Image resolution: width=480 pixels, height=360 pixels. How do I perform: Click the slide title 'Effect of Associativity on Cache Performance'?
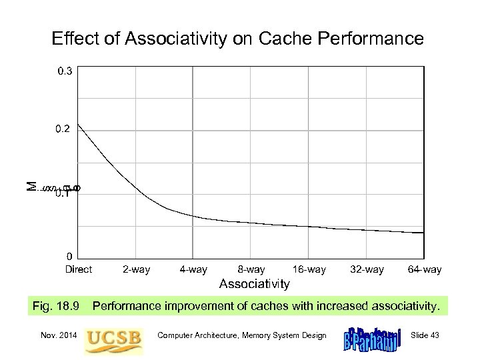237,39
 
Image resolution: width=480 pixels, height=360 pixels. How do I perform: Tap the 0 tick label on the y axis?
67,256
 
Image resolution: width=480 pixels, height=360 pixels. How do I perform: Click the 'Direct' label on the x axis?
79,269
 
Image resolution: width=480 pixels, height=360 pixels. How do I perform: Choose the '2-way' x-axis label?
136,269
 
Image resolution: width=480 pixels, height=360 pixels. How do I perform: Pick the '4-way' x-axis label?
193,269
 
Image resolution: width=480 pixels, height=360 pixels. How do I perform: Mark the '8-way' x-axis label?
251,269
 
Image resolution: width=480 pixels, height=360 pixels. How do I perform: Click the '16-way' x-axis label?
309,269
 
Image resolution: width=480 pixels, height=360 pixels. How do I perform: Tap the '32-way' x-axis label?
367,269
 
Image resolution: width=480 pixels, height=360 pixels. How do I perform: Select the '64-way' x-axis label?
425,269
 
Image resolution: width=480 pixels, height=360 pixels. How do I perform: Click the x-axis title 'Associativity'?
255,284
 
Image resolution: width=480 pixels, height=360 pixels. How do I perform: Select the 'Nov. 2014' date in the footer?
57,335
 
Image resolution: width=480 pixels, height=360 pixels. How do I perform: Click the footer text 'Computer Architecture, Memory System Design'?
242,335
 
